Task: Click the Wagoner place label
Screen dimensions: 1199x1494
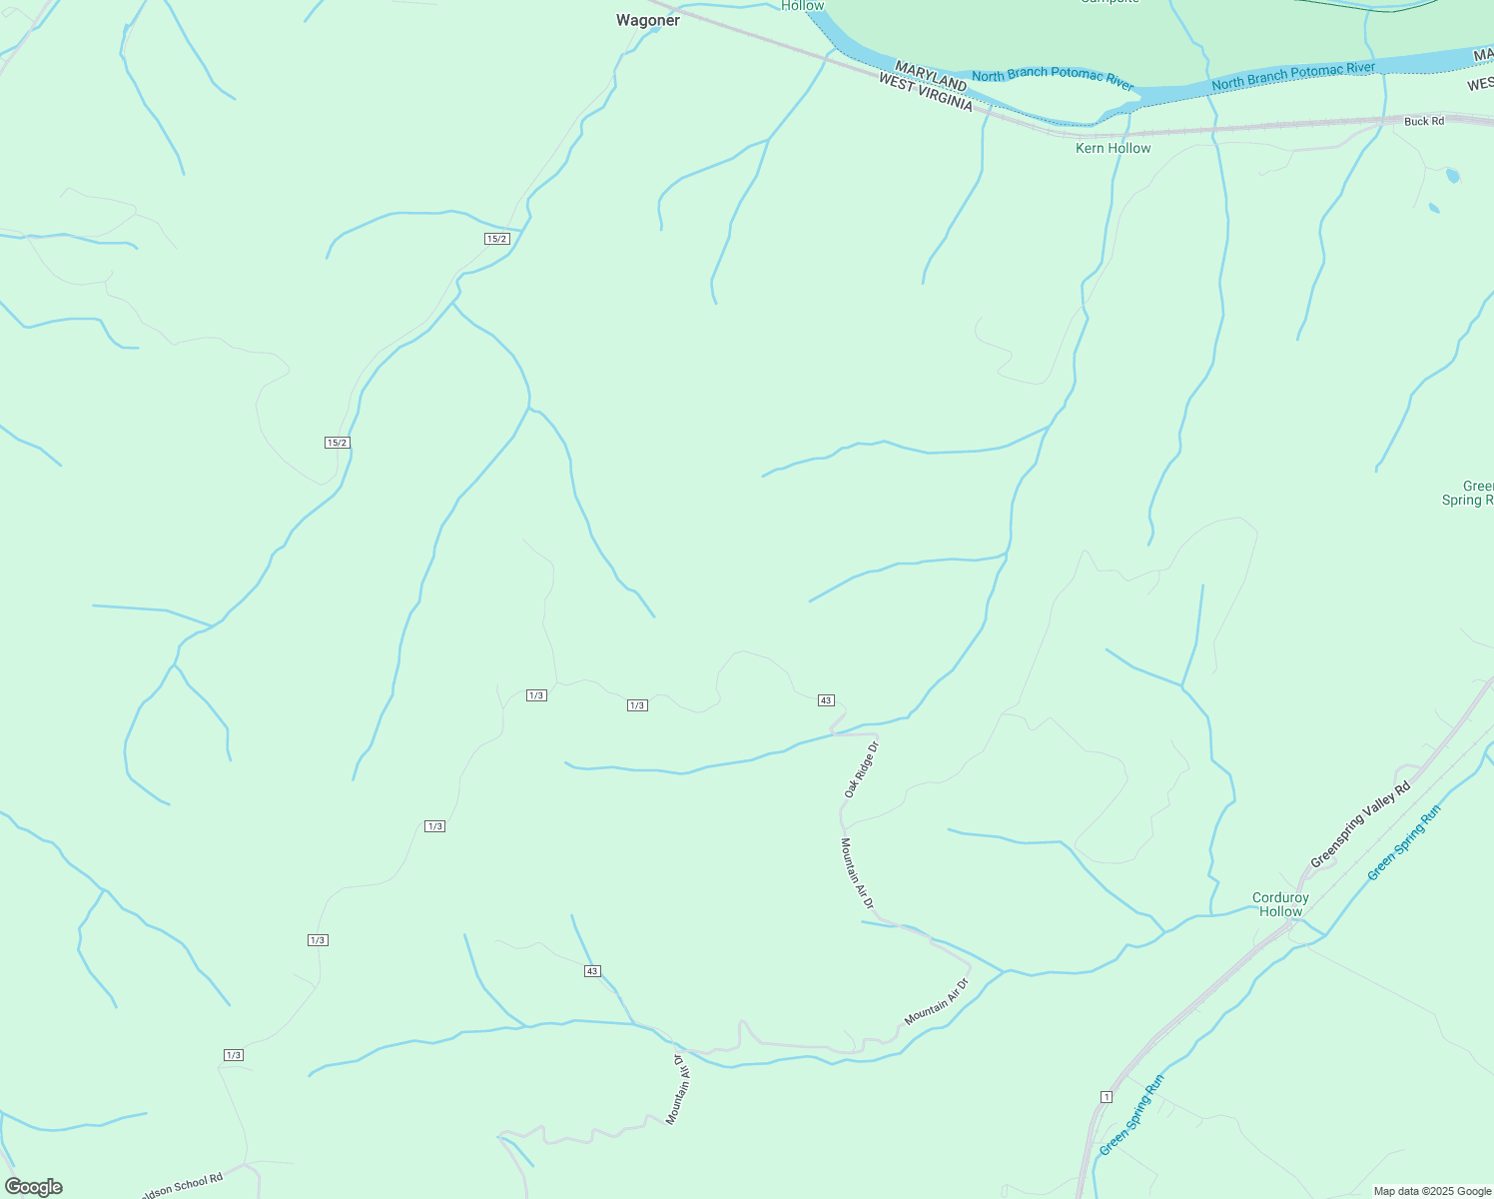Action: pos(648,20)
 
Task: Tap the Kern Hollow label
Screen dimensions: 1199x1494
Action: pos(1113,148)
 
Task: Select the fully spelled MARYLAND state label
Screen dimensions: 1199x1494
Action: pos(930,75)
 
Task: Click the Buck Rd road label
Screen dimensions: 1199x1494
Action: pos(1423,121)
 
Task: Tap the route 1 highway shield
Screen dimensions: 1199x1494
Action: pos(1107,1097)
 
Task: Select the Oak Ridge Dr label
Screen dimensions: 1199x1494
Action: pos(860,768)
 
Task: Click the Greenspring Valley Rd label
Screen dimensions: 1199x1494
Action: pos(1360,824)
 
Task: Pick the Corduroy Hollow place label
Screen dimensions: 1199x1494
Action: pos(1280,904)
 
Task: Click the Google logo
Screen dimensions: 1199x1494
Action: pos(34,1187)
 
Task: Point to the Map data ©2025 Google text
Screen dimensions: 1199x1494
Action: pos(1432,1191)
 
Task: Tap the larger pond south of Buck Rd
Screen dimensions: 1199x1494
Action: pos(1452,176)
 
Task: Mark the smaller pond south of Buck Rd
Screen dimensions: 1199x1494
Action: pos(1434,208)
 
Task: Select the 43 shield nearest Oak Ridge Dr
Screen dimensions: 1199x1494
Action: pos(826,700)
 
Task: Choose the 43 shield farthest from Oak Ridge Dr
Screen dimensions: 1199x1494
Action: pos(592,971)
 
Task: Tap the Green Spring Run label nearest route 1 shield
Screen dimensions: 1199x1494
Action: pos(1131,1114)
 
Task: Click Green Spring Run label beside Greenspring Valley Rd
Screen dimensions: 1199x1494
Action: pos(1404,842)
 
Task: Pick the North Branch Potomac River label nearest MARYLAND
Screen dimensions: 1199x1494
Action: pos(1053,77)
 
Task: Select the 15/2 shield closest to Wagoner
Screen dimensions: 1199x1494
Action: pos(497,239)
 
